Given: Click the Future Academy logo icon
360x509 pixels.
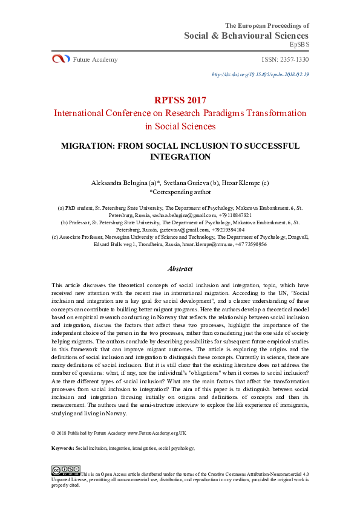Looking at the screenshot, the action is (x=61, y=59).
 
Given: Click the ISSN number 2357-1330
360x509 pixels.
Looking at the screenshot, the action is (x=285, y=59).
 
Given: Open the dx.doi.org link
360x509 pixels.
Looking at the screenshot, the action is (x=260, y=74).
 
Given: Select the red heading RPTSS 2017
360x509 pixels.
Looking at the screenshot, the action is (x=180, y=100).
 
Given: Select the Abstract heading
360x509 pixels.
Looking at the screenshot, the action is (x=180, y=268).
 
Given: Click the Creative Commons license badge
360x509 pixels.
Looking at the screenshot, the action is (x=65, y=470).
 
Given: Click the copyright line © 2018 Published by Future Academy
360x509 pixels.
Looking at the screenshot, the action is (x=119, y=433).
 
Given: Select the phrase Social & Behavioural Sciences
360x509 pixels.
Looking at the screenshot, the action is (x=246, y=36).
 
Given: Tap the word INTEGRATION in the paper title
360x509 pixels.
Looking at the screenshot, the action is (x=180, y=157).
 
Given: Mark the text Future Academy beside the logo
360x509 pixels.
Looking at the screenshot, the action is (x=95, y=59).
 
